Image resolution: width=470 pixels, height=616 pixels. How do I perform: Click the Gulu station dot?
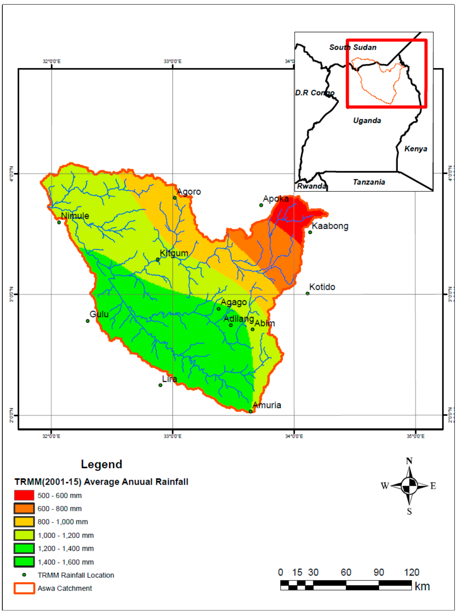pos(88,321)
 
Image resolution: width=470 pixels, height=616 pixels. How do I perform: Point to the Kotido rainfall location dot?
pos(307,293)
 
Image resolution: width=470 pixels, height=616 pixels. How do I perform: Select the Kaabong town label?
pos(330,226)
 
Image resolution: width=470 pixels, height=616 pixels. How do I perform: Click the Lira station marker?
pos(160,385)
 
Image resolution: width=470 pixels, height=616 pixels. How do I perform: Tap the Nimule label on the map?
pos(75,216)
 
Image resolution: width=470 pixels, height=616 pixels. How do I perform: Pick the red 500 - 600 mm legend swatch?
pos(24,495)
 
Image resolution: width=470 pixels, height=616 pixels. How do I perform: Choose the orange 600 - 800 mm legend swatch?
pos(24,508)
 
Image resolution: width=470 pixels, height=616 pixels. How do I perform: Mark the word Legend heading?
pos(102,464)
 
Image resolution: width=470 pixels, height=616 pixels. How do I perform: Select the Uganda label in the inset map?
pos(367,120)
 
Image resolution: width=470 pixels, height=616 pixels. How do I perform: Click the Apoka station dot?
pos(261,205)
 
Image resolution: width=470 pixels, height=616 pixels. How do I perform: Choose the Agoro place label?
pos(189,192)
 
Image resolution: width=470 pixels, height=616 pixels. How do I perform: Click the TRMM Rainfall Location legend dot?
pos(24,575)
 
